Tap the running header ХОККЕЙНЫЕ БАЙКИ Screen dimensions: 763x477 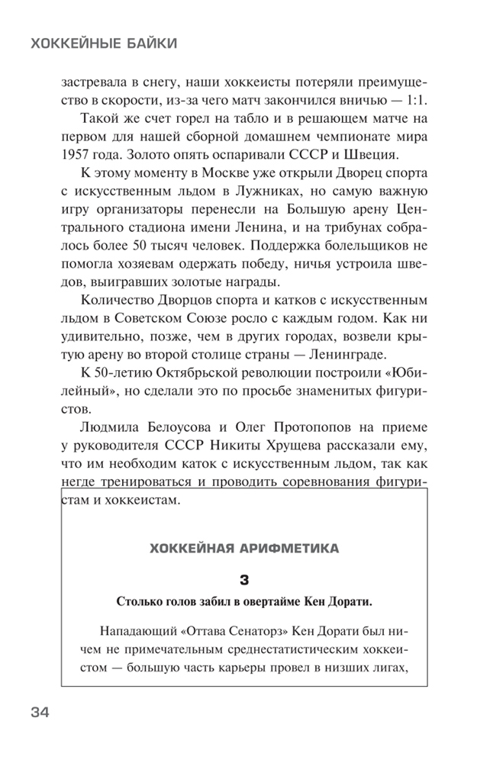[103, 43]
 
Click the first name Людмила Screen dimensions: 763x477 [113, 428]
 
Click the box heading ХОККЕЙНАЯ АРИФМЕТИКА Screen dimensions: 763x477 [244, 547]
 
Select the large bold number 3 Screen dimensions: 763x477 [244, 580]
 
